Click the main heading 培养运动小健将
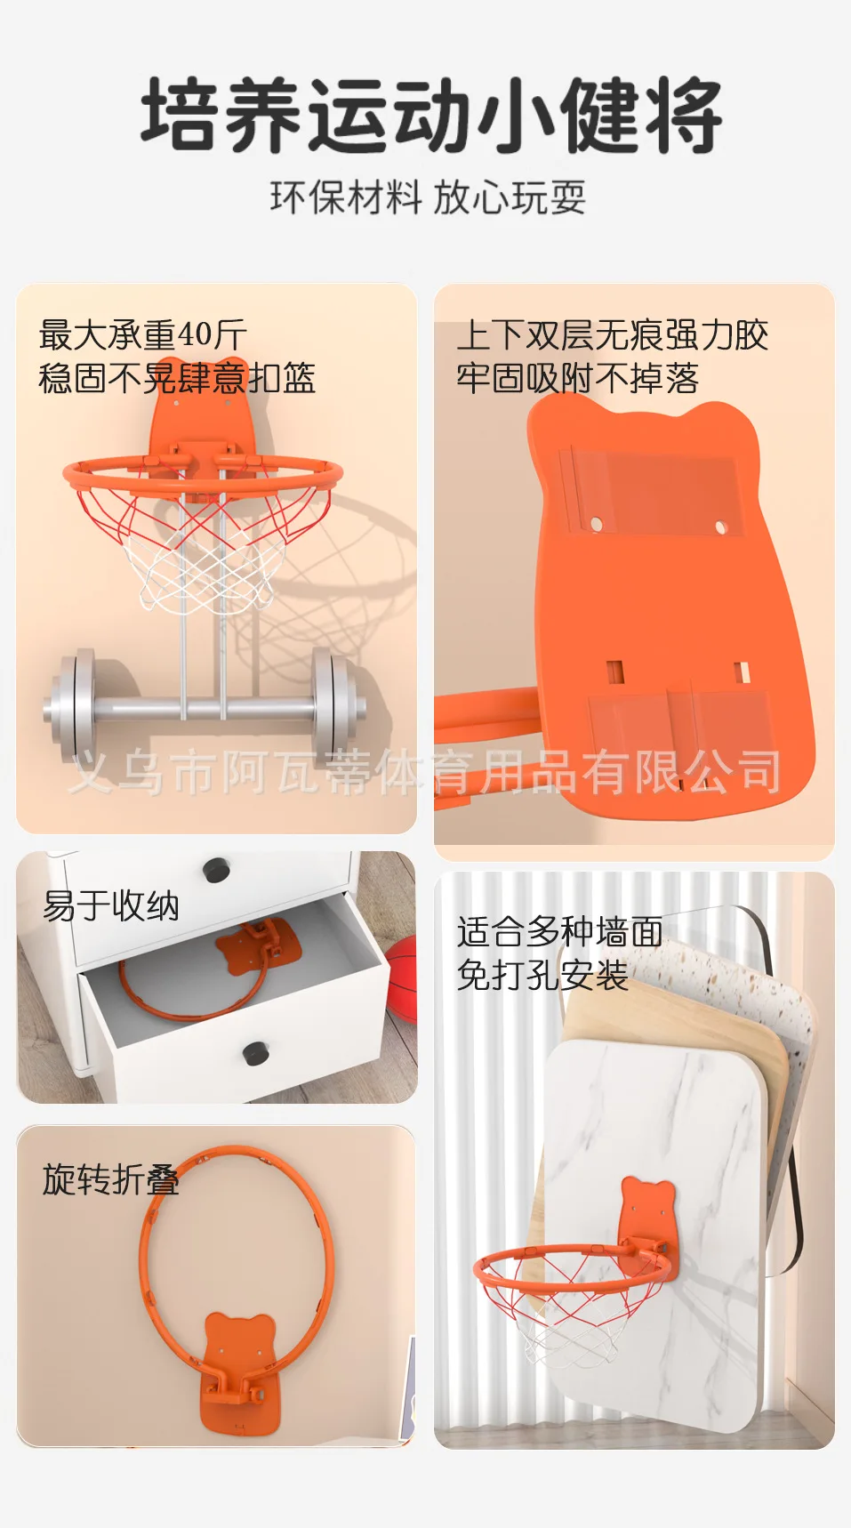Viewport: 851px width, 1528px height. pyautogui.click(x=430, y=117)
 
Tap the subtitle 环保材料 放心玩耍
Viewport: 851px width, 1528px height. pyautogui.click(x=428, y=197)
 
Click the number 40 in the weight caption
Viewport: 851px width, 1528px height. pyautogui.click(x=195, y=335)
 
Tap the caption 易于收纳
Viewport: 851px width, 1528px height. pyautogui.click(x=111, y=906)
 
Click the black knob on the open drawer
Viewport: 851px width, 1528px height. pyautogui.click(x=256, y=1053)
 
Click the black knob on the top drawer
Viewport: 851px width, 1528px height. pyautogui.click(x=216, y=869)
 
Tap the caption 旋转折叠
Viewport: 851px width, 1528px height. pyautogui.click(x=111, y=1179)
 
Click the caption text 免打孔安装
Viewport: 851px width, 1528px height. pyautogui.click(x=542, y=976)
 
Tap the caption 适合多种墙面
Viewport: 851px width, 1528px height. pyautogui.click(x=559, y=932)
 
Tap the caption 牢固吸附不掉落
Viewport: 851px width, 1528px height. pyautogui.click(x=578, y=379)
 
